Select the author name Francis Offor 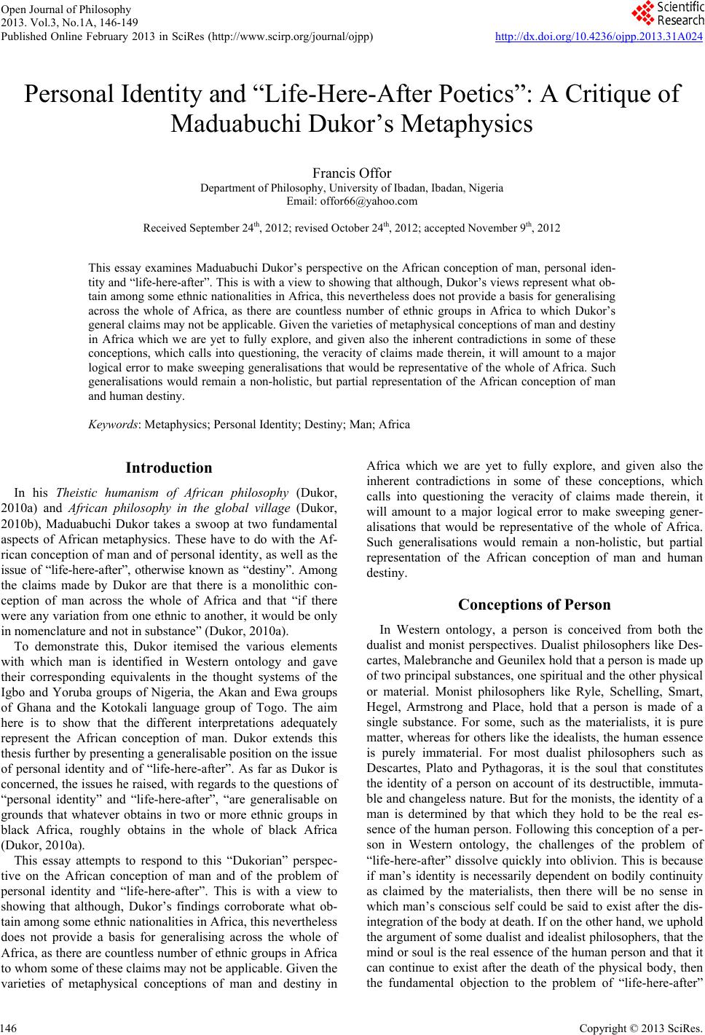coord(352,173)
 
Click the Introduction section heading coord(169,468)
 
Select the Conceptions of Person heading coord(534,605)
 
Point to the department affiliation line coord(352,188)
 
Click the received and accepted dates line coord(352,228)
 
